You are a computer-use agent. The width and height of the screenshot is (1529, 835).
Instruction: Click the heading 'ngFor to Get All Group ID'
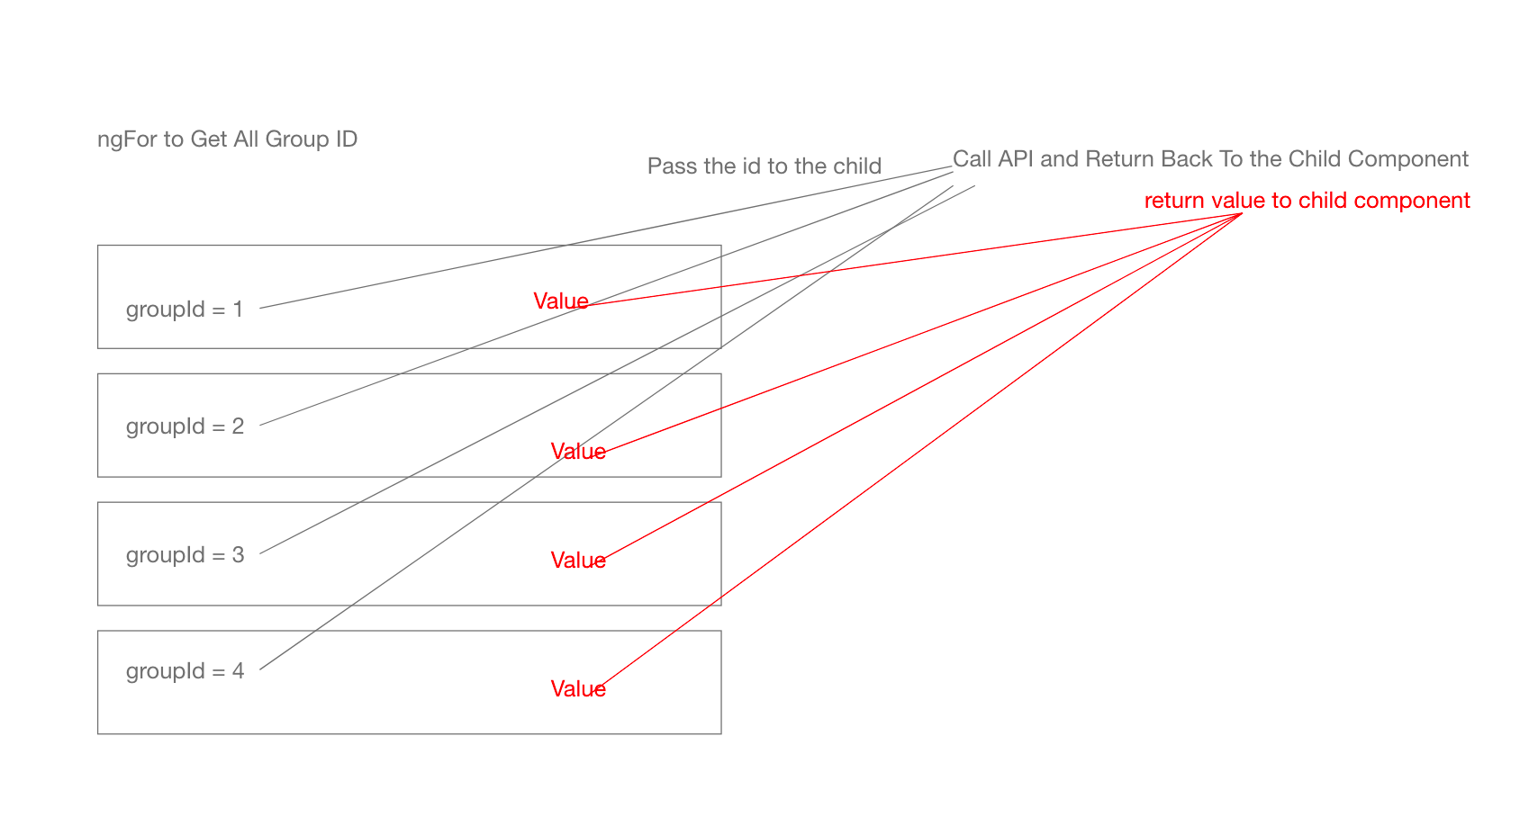227,139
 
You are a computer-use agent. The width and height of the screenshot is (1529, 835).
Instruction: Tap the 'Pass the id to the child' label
764,166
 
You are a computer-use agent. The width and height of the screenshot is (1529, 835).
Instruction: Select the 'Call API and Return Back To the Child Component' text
1209,159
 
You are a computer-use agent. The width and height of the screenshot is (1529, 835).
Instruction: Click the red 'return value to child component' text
1307,201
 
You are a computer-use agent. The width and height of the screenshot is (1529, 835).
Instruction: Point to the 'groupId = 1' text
185,310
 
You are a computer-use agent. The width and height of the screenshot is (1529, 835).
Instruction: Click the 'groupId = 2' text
185,426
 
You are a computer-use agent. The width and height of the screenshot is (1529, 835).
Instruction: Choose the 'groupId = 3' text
185,555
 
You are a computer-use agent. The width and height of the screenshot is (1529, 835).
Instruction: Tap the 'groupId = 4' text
185,671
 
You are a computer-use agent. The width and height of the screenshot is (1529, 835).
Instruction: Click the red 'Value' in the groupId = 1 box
560,301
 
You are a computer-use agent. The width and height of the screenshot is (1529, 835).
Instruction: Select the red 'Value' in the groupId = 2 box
577,452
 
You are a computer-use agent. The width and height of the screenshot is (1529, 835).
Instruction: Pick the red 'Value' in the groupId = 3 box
577,561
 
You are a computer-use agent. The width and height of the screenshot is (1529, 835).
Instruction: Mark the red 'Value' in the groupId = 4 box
577,689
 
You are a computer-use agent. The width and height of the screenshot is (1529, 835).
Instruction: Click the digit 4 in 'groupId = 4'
238,671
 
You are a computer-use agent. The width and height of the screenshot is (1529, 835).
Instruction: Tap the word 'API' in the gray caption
1016,159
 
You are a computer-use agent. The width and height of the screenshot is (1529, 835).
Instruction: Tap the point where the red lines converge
1242,213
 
